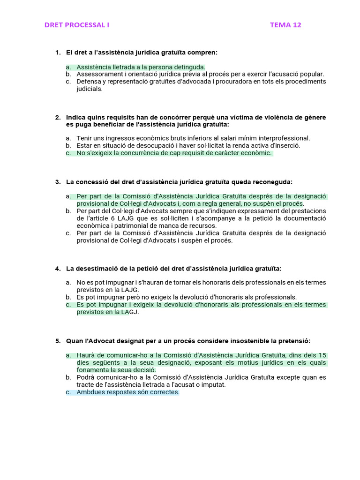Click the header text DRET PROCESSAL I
click(x=76, y=25)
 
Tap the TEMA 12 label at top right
click(x=285, y=25)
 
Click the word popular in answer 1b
click(x=312, y=74)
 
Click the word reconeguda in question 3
click(x=274, y=181)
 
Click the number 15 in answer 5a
click(x=322, y=355)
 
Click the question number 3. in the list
click(x=58, y=181)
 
